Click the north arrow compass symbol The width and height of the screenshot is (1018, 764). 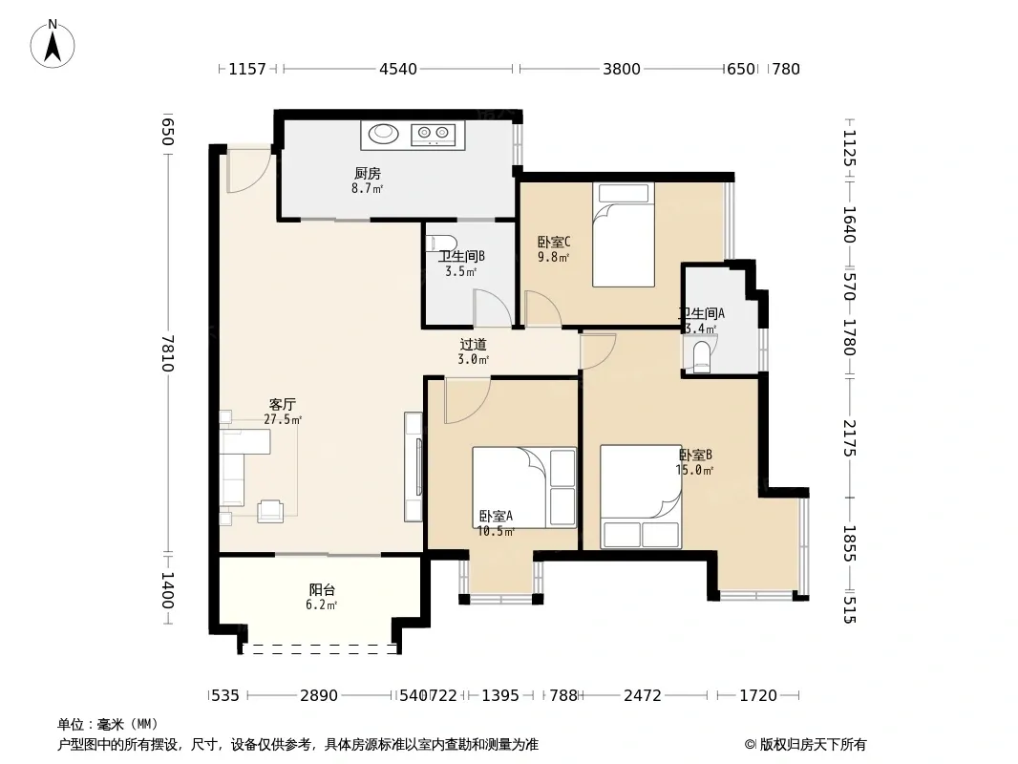coord(53,44)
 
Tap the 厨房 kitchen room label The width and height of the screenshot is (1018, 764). coord(368,173)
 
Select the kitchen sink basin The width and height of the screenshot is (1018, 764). coord(383,134)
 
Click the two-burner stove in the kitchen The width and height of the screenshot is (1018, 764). coord(433,134)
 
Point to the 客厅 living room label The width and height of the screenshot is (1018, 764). coord(283,404)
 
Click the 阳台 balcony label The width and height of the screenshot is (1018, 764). coord(322,590)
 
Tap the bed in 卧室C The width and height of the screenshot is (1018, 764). coord(624,234)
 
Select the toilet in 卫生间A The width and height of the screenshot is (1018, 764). coord(701,356)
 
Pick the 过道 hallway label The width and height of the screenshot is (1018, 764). coord(473,344)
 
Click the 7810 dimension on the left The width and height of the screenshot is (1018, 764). coord(168,353)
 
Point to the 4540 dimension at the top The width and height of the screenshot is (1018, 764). coord(398,69)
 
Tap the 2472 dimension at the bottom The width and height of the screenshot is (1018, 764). coord(642,696)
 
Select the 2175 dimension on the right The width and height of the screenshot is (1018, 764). coord(849,438)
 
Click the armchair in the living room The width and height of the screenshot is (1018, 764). coord(270,511)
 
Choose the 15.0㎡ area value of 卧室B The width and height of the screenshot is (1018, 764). coord(694,470)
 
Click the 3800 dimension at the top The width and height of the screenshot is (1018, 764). coord(622,69)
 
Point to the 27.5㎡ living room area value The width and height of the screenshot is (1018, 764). coord(283,419)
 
